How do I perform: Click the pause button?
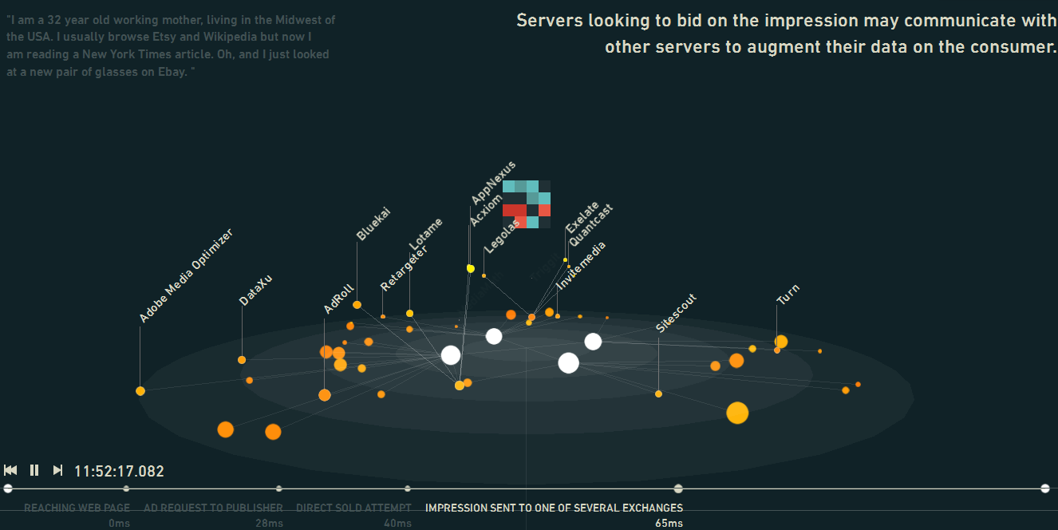[x=34, y=470]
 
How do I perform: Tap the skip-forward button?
[x=57, y=470]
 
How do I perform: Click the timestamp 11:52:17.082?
[x=119, y=471]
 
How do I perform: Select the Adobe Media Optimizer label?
[x=186, y=276]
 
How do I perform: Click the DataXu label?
[x=256, y=290]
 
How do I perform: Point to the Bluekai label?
[x=373, y=223]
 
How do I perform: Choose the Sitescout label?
[x=677, y=313]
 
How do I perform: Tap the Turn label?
[x=788, y=294]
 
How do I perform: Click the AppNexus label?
[x=494, y=182]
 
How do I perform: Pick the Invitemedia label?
[x=581, y=265]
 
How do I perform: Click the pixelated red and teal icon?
[x=527, y=204]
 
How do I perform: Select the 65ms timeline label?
[x=669, y=523]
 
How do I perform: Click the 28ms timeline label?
[x=269, y=523]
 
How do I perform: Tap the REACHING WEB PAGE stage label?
[x=77, y=508]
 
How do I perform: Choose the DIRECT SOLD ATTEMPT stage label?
[x=353, y=508]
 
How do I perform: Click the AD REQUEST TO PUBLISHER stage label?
[x=213, y=508]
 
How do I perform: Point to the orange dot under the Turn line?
[x=780, y=342]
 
